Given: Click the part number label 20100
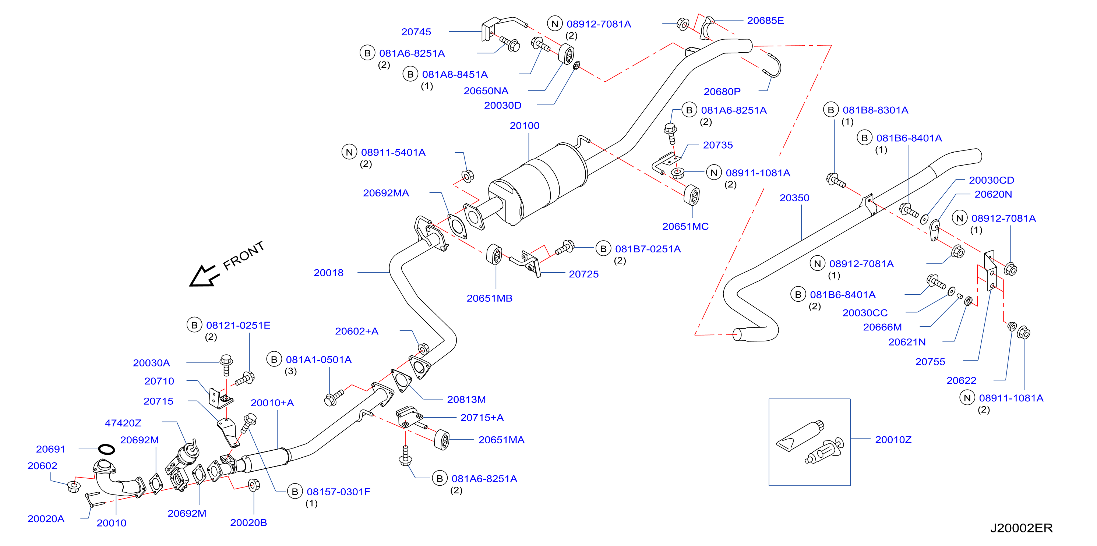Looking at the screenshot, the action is click(x=524, y=125).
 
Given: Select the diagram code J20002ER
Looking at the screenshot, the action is click(x=1021, y=528).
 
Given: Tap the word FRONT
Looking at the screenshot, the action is click(x=244, y=255).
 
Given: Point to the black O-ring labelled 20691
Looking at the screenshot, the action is click(x=106, y=449).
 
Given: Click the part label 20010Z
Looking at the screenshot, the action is click(x=893, y=440).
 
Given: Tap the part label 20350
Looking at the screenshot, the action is click(x=794, y=198).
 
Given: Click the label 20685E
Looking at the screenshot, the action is click(x=765, y=21).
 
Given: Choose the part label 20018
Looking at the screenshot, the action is click(x=328, y=273).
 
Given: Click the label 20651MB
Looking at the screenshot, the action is click(x=489, y=298).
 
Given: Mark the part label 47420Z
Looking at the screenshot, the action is click(x=123, y=423).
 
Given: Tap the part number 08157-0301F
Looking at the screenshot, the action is click(x=339, y=492).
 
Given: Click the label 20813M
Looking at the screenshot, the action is click(x=466, y=400).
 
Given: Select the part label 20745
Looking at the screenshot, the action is click(x=416, y=32).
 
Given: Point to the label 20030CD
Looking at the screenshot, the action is click(x=991, y=180).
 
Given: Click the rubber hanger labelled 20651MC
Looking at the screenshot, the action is click(x=692, y=195).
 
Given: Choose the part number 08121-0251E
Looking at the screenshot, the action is click(x=238, y=326).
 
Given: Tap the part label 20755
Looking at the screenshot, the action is click(x=930, y=362).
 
